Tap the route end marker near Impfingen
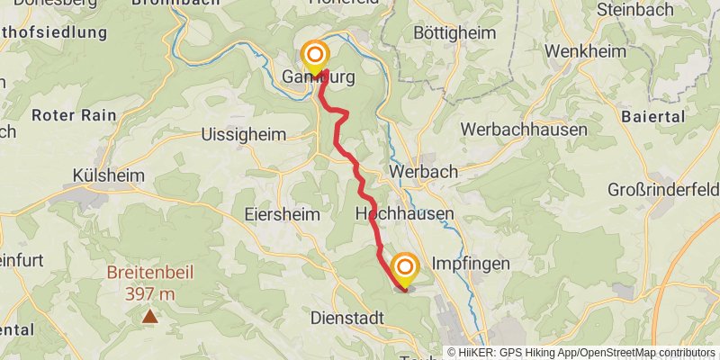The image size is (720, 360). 405,268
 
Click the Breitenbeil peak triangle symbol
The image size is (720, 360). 149,316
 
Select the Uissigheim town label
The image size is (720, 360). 244,134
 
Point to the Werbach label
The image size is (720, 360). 423,171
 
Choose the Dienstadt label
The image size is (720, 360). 347,318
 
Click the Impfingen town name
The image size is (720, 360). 471,264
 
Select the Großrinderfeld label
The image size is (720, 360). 664,191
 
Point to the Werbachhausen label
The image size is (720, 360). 524,130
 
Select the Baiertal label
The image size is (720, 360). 653,117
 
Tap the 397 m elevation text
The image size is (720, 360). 149,293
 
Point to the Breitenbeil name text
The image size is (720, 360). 149,274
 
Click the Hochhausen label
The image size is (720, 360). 404,214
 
